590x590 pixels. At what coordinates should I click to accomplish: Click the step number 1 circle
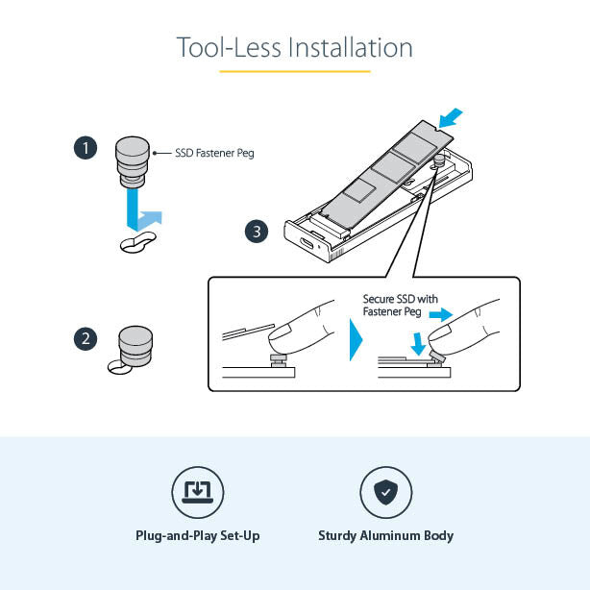86,148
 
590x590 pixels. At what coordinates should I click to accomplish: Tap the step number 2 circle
86,339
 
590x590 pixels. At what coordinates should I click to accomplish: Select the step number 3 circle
257,232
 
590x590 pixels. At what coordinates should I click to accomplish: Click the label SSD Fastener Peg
214,153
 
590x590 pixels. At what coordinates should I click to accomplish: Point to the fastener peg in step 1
132,162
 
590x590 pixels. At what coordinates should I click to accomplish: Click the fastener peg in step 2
135,346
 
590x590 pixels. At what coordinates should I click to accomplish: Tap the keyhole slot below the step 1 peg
137,242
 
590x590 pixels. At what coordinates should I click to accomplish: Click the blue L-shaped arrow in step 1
144,210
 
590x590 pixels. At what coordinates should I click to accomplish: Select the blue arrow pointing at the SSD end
451,118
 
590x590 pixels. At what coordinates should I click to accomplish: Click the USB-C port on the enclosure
307,243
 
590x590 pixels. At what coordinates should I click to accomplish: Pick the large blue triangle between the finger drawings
356,340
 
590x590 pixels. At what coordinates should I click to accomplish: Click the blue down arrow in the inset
418,344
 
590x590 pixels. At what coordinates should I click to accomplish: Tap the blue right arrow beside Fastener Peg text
441,314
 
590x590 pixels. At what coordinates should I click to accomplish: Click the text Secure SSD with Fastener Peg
400,306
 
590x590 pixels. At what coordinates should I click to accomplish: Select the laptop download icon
198,492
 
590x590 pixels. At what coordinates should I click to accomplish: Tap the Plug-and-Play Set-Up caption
198,536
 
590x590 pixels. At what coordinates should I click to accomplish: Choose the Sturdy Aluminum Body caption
385,536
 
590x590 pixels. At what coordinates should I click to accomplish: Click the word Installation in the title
351,47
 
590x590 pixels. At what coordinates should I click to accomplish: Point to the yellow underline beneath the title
295,71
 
